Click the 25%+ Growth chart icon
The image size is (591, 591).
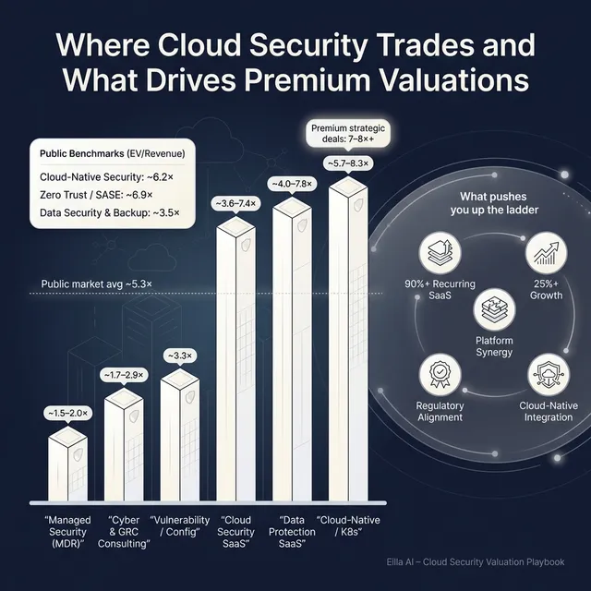(x=545, y=249)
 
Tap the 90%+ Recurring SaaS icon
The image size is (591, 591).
(x=440, y=249)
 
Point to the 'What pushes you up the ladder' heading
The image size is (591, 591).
(x=494, y=203)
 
